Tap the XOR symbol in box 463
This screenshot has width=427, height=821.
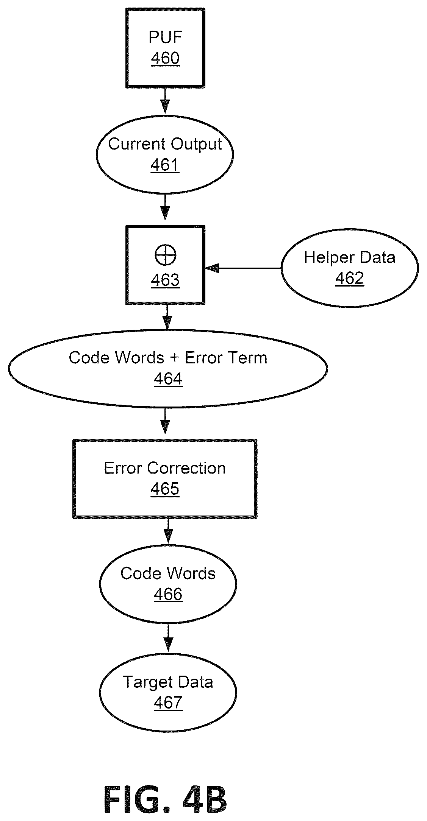166,255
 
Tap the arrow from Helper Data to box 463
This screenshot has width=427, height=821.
243,268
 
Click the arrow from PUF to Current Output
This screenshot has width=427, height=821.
165,101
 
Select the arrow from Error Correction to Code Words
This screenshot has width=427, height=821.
168,531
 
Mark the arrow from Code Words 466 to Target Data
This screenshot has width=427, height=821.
168,638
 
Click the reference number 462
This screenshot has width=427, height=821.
350,278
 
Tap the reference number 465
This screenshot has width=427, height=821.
165,489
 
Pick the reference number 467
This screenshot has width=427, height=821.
168,703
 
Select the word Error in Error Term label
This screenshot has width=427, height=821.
200,358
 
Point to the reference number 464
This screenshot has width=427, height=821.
168,379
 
